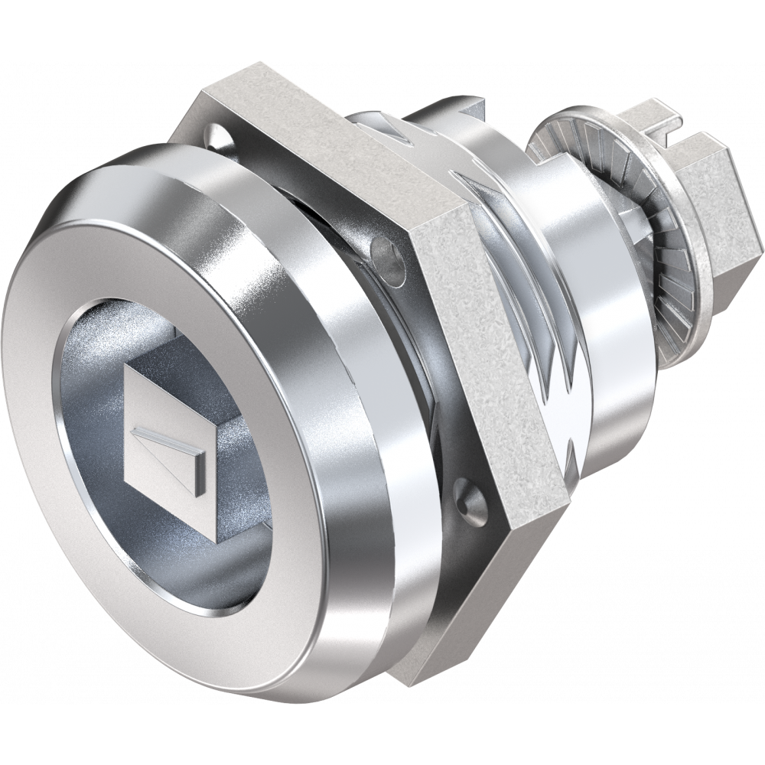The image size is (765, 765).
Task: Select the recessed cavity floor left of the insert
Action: pyautogui.click(x=88, y=428)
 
